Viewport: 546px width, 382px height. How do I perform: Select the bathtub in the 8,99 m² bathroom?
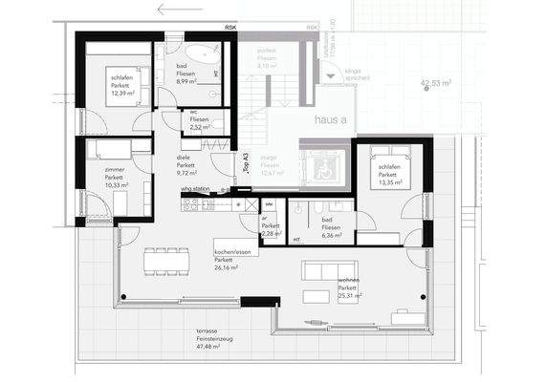tap(203, 53)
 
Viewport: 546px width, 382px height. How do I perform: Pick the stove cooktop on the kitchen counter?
tap(189, 203)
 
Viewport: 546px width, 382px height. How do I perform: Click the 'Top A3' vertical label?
tap(246, 161)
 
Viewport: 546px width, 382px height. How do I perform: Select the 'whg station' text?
tap(197, 189)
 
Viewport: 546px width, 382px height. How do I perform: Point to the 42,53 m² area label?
tap(438, 83)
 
